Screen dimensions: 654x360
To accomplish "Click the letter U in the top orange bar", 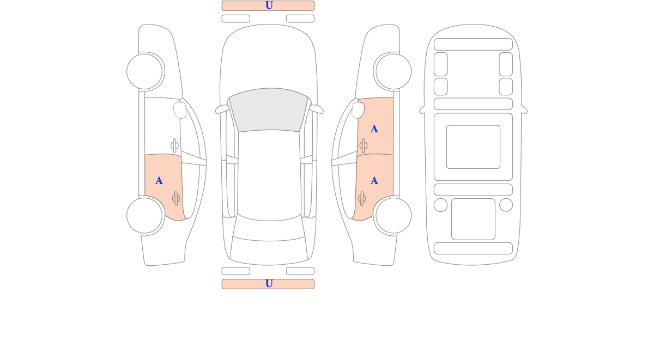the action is [x=269, y=5].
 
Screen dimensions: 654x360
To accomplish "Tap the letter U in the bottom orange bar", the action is [x=269, y=284].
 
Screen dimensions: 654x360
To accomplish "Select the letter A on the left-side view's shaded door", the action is [x=159, y=181].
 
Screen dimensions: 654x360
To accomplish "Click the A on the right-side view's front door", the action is [x=374, y=129].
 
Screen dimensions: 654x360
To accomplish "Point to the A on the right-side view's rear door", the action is [x=374, y=181].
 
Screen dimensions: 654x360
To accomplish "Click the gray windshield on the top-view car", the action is [x=269, y=109].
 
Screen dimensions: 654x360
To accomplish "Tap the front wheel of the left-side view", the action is [x=144, y=71].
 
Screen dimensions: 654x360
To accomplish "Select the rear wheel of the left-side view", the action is [x=144, y=216].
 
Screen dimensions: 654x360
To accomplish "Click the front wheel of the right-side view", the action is [x=393, y=71].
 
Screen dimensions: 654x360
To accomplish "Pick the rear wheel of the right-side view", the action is [x=393, y=216].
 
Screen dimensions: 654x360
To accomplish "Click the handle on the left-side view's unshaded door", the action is [x=174, y=145].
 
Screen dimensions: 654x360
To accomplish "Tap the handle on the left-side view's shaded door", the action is [x=176, y=199].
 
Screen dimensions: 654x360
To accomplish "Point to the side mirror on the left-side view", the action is [x=180, y=110].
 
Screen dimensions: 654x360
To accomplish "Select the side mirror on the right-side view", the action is [x=358, y=110].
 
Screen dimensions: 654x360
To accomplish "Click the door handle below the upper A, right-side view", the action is [x=363, y=145].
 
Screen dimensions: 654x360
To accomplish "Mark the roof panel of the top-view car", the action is [x=269, y=174].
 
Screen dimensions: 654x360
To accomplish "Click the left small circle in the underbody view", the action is [x=440, y=205].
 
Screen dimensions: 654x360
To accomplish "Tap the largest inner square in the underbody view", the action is [x=473, y=147].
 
